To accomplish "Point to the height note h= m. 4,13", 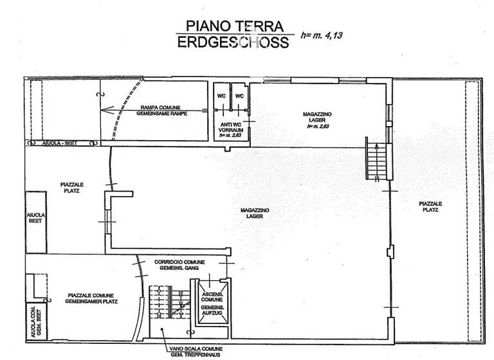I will tap(321, 35).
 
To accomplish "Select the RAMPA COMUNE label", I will tap(161, 110).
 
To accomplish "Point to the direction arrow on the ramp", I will tap(109, 109).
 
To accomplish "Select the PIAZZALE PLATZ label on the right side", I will tap(432, 206).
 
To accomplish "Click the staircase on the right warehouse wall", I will tap(376, 161).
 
